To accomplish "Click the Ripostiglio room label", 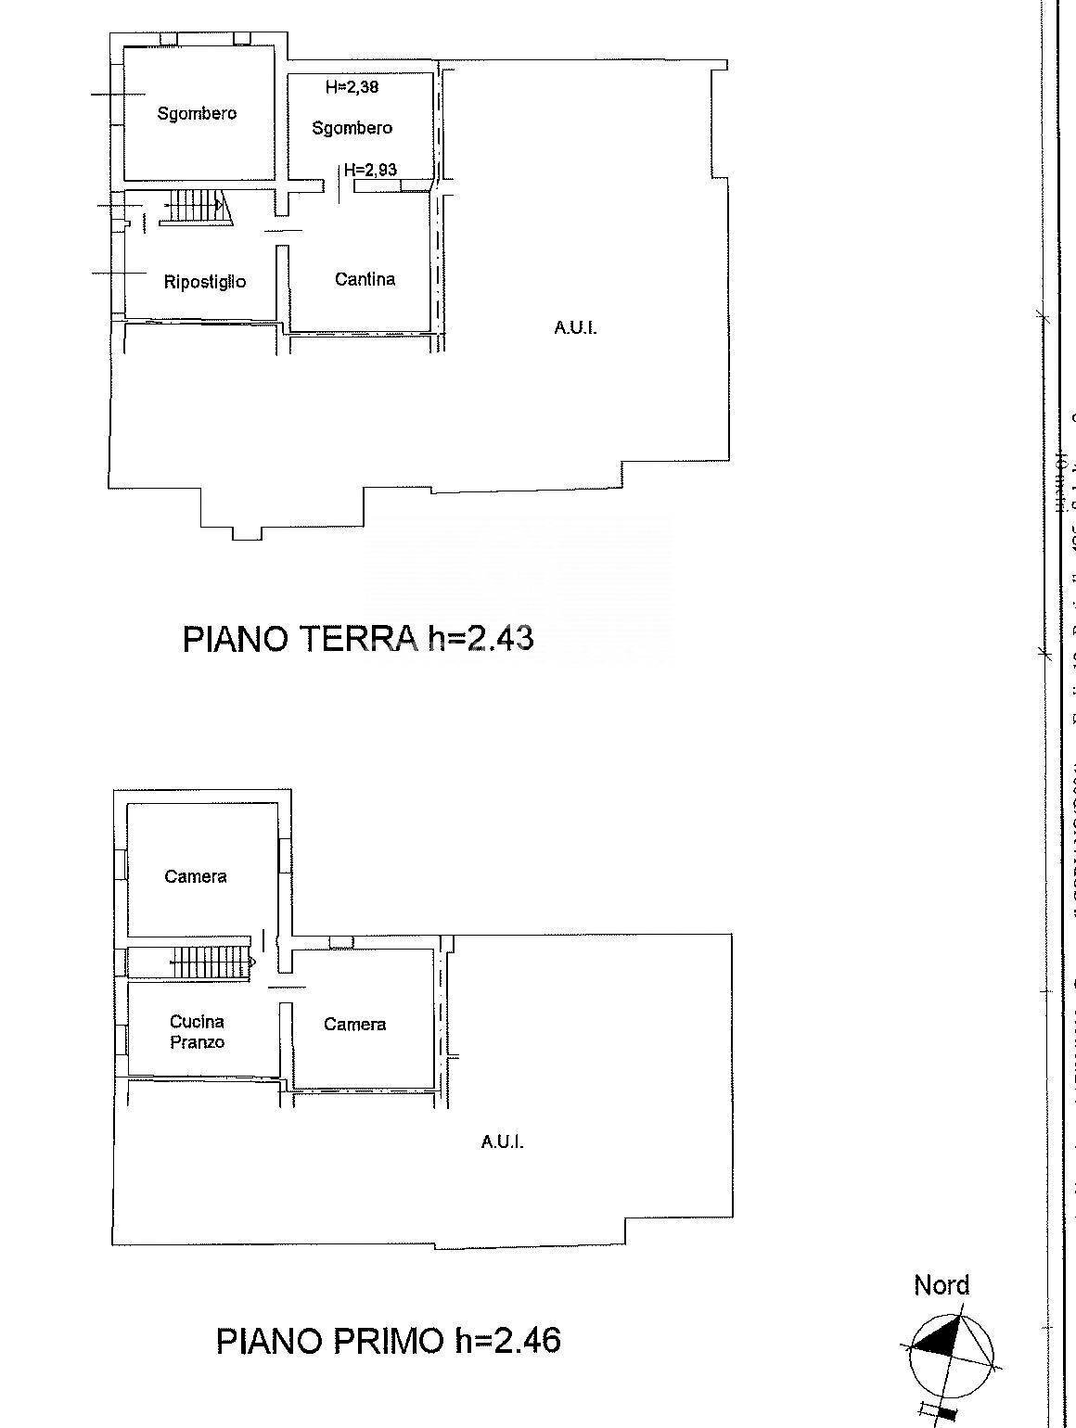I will pyautogui.click(x=205, y=282).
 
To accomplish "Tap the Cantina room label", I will pyautogui.click(x=365, y=279).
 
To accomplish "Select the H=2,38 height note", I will pyautogui.click(x=352, y=88).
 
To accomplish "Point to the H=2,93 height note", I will pyautogui.click(x=370, y=170).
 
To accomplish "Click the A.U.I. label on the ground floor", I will pyautogui.click(x=575, y=327).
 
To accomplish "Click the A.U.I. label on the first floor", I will pyautogui.click(x=502, y=1142).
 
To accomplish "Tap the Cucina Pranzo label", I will pyautogui.click(x=197, y=1031).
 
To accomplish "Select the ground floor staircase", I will pyautogui.click(x=193, y=207).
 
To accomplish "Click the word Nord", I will pyautogui.click(x=941, y=1285).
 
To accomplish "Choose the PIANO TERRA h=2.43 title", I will pyautogui.click(x=358, y=639).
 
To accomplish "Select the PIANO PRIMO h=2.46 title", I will pyautogui.click(x=389, y=1341).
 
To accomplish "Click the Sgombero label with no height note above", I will pyautogui.click(x=197, y=114).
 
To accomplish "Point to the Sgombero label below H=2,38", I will pyautogui.click(x=352, y=128).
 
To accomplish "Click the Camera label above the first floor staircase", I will pyautogui.click(x=196, y=876).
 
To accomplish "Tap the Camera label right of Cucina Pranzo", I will pyautogui.click(x=354, y=1025).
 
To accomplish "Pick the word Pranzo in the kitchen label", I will pyautogui.click(x=197, y=1042).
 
